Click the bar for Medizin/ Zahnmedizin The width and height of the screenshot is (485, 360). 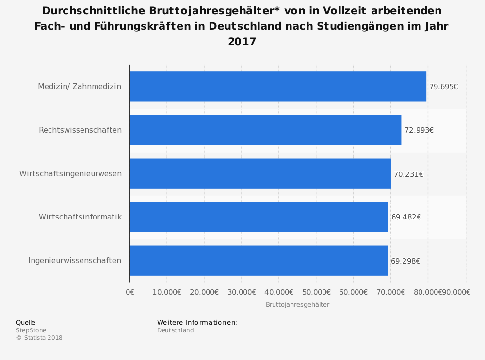click(x=278, y=86)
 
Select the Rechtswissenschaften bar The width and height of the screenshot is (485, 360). click(x=265, y=130)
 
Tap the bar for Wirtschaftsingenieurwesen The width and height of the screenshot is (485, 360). click(x=260, y=173)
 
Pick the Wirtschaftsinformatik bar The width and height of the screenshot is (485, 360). click(x=259, y=217)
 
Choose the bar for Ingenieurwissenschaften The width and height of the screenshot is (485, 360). click(x=259, y=260)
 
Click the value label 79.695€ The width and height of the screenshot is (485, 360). click(x=443, y=87)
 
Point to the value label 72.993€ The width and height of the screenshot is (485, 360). click(x=419, y=130)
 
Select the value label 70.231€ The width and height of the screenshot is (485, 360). click(x=408, y=174)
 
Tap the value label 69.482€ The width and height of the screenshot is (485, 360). click(x=406, y=217)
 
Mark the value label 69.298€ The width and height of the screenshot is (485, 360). click(x=405, y=261)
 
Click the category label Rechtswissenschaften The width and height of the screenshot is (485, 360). click(x=80, y=130)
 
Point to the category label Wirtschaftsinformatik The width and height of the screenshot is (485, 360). click(x=80, y=217)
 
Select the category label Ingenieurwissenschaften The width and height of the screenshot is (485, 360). click(x=75, y=260)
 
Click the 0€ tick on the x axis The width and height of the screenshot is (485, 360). click(x=130, y=292)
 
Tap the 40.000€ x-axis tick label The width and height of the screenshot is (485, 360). click(x=278, y=292)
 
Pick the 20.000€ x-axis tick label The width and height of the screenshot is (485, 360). click(x=204, y=292)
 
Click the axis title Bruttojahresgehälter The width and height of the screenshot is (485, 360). click(x=297, y=304)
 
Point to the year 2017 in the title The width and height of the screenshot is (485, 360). click(x=242, y=42)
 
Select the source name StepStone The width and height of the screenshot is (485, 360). click(x=31, y=330)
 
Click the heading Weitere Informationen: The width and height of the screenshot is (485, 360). click(x=197, y=322)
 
